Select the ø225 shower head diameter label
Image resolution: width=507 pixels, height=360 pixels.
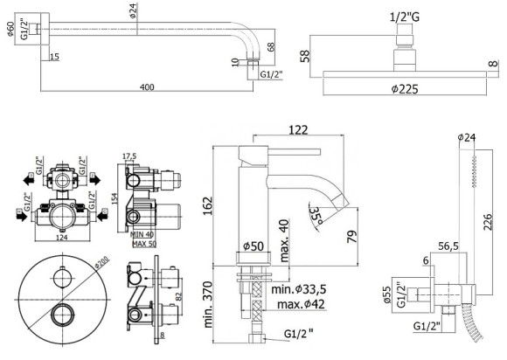[403, 89]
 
